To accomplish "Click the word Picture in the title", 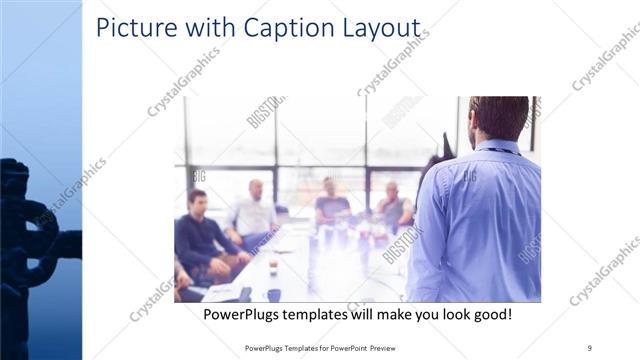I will pos(132,28).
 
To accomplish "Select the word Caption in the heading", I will pos(279,28).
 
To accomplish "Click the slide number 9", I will pos(590,348).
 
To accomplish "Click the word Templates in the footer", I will pos(299,348).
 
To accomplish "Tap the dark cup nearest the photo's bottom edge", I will pos(273,295).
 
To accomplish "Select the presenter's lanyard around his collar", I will pos(500,150).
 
